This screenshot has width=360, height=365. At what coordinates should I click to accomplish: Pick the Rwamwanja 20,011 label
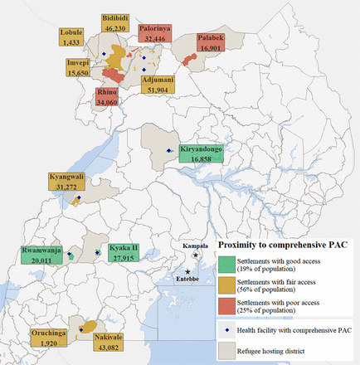click(x=39, y=254)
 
